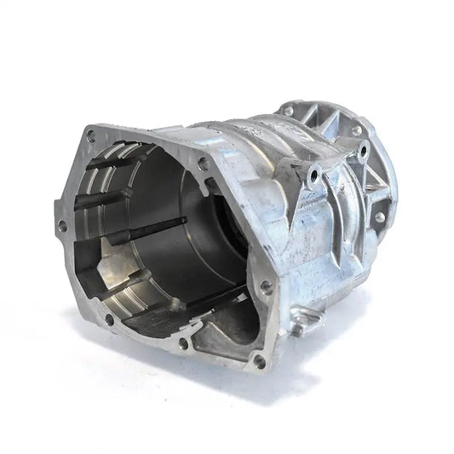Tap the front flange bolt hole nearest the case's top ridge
pos(203,162)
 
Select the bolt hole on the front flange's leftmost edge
pos(61,226)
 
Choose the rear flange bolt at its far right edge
pos(380,216)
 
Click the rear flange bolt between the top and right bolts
pos(356,130)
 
